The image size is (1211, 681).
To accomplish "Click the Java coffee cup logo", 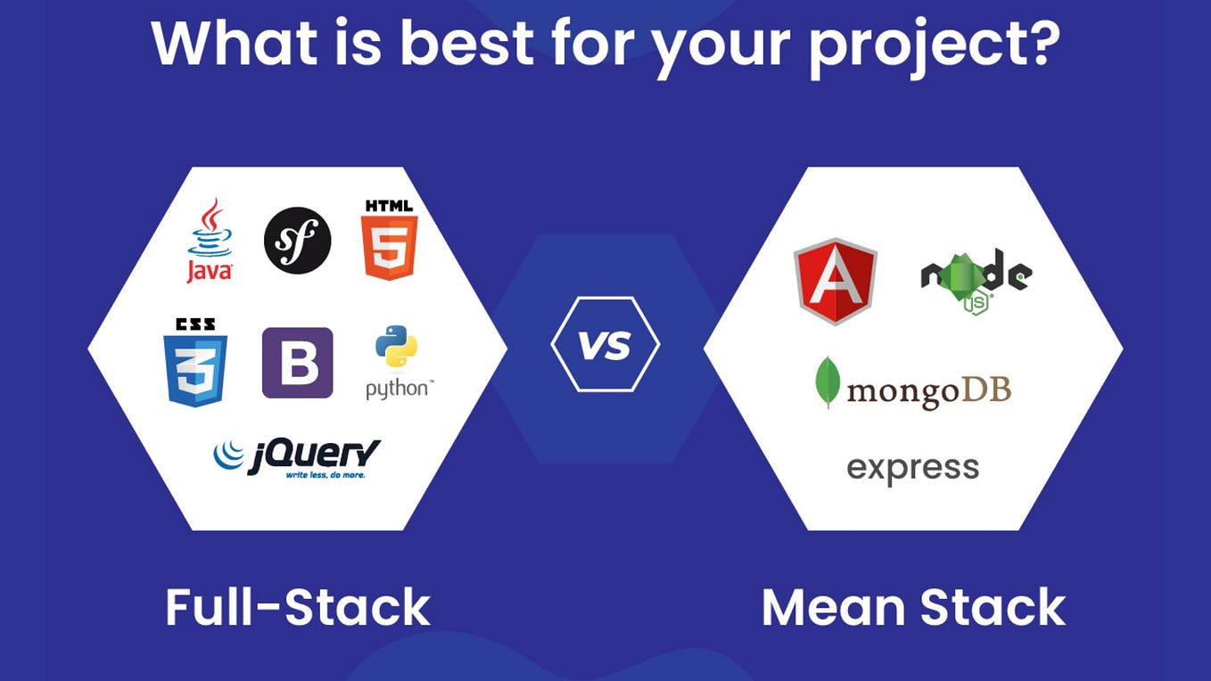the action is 210,240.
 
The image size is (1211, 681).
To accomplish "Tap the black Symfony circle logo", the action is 297,240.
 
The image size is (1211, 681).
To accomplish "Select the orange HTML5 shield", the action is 389,240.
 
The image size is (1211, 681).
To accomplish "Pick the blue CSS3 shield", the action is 195,362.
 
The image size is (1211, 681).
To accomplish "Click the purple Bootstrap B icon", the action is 297,363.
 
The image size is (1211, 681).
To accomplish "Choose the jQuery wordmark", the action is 298,459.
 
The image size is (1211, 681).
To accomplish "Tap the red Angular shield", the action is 836,281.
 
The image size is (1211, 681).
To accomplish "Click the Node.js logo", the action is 976,281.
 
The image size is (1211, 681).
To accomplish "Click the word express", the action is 913,469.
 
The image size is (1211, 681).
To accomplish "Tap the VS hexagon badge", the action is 605,344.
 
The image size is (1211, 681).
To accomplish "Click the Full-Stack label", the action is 298,607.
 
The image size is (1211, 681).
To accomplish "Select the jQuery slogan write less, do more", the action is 325,475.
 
